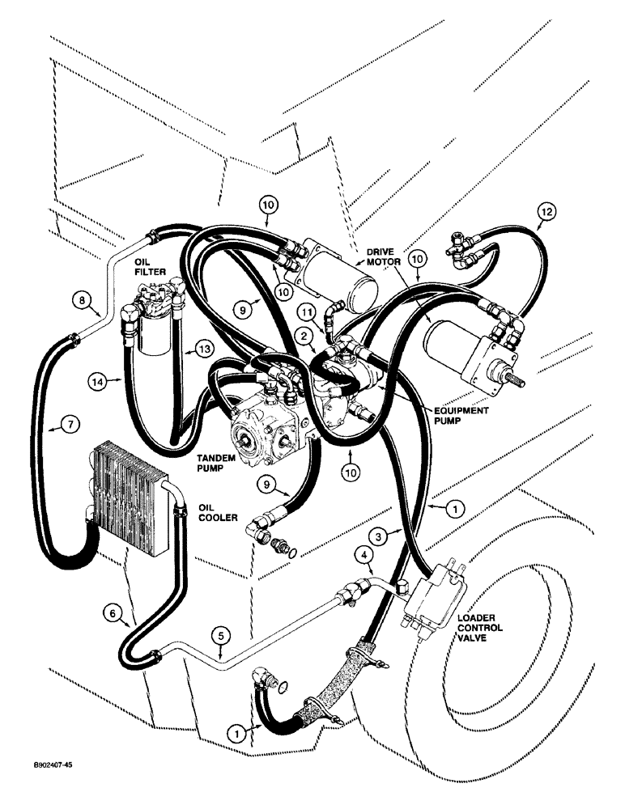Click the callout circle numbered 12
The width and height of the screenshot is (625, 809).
547,212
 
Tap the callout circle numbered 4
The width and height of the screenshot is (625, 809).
364,555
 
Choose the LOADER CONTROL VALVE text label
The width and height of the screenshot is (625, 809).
480,629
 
